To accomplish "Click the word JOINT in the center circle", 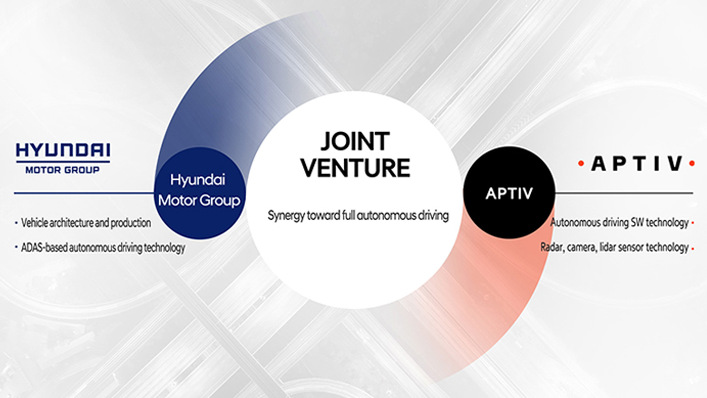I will click(355, 142).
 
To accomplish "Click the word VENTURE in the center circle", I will click(355, 168).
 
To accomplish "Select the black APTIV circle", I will click(509, 193).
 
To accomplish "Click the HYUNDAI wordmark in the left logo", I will click(63, 150).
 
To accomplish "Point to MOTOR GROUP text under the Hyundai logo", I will click(63, 170).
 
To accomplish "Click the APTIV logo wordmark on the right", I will click(637, 164).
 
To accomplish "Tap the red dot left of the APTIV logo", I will click(581, 163).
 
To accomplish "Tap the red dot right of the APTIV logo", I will click(692, 163).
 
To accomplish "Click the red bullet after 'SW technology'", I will click(693, 223).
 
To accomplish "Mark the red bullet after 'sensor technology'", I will click(693, 249).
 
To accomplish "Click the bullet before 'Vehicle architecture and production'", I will click(16, 223).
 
